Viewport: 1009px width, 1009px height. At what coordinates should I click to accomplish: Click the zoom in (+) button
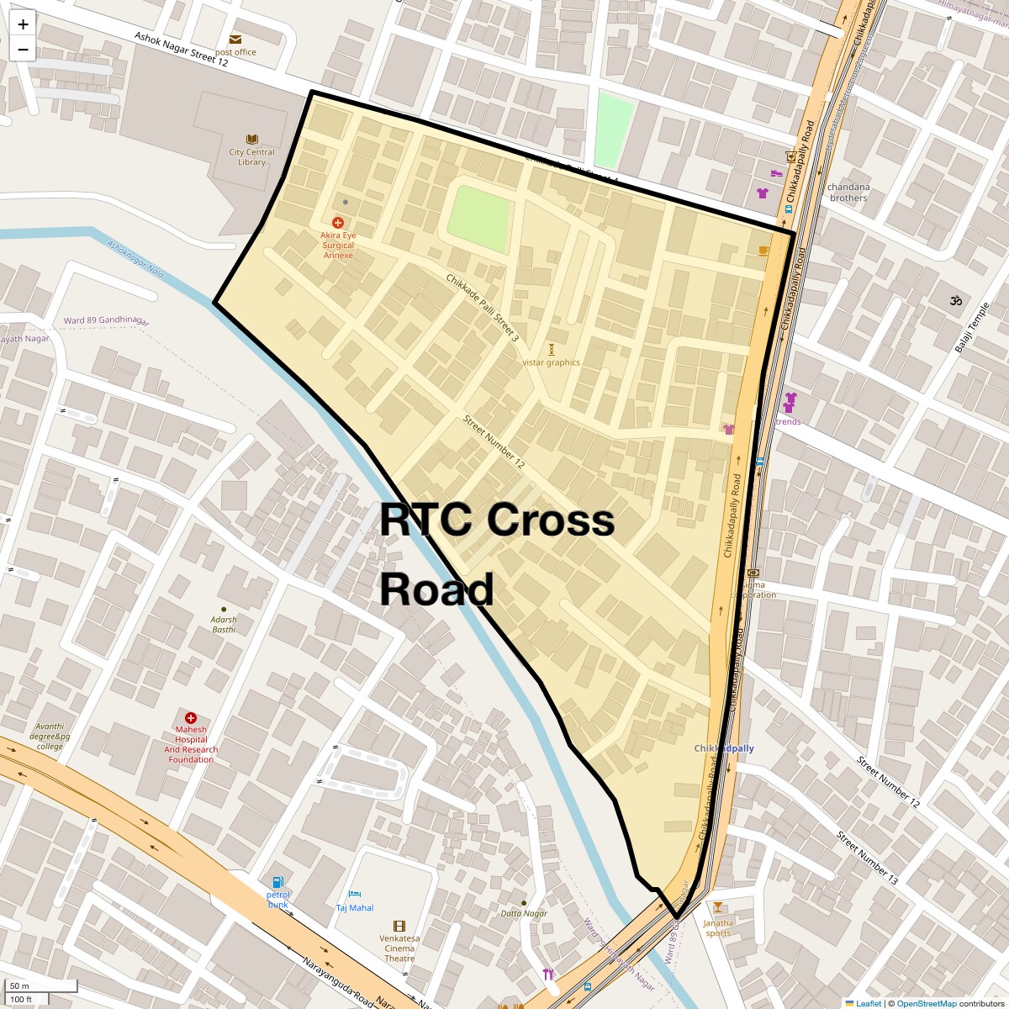click(23, 24)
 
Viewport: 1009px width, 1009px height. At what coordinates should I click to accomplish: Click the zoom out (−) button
click(23, 50)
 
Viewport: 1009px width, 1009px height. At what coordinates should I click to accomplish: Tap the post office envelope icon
click(235, 40)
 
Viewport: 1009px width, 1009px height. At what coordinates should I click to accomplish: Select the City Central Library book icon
click(251, 139)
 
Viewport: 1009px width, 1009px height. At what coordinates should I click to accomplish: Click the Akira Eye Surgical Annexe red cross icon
click(337, 223)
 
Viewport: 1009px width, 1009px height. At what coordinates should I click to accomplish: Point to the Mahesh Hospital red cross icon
click(191, 718)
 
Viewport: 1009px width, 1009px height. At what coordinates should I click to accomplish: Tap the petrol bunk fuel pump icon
click(278, 881)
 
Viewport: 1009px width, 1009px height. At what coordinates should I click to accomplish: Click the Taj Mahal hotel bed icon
click(354, 894)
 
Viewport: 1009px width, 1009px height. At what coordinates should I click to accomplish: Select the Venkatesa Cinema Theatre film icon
click(399, 926)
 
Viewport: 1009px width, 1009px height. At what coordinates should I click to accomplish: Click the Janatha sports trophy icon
click(717, 907)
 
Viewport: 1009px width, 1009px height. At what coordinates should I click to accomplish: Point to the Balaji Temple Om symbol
click(955, 300)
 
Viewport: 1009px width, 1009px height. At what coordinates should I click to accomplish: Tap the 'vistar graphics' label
click(551, 362)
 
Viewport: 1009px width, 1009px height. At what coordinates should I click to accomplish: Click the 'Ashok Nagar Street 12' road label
click(181, 50)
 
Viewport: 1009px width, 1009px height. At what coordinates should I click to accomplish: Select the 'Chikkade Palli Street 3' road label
click(483, 308)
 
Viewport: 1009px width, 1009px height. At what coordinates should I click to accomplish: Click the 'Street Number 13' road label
click(867, 858)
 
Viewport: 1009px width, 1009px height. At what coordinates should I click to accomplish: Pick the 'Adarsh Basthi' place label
click(224, 624)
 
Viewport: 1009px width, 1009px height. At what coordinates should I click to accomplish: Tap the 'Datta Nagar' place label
click(524, 913)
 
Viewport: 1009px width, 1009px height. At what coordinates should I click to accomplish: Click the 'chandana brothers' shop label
click(848, 193)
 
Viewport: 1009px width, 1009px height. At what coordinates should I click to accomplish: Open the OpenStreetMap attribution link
click(926, 1003)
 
